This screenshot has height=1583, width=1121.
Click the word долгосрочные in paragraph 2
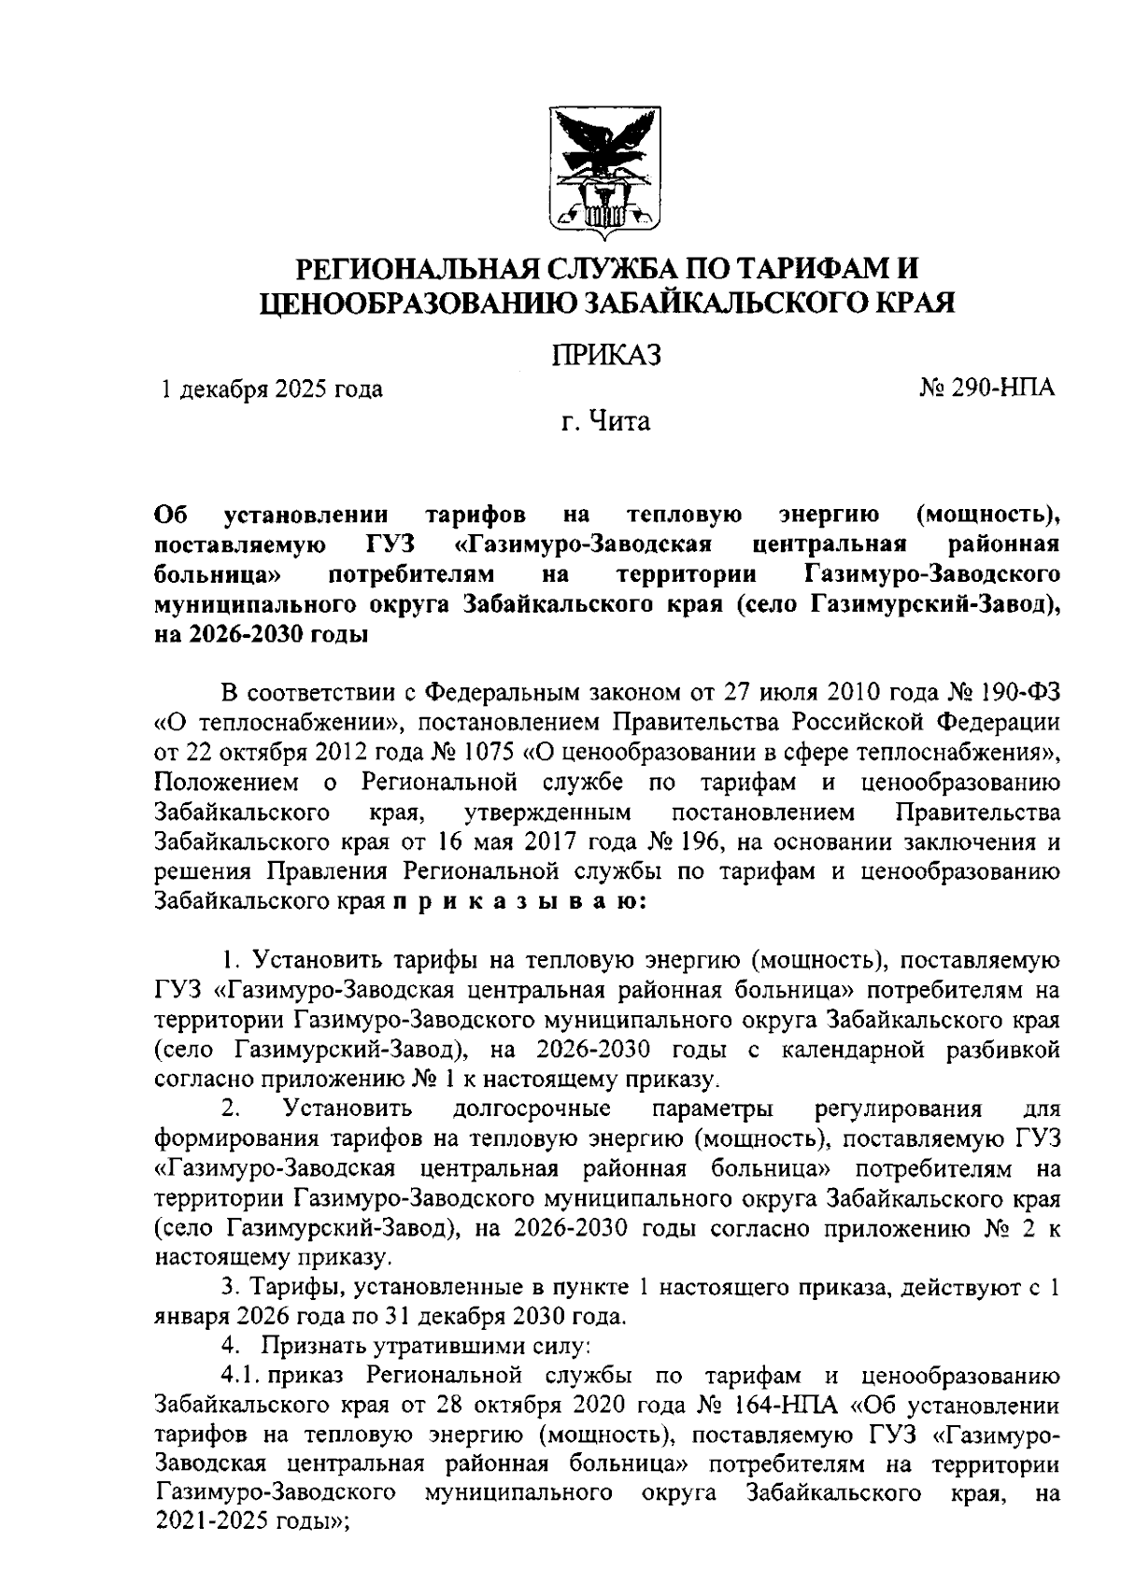click(x=532, y=1109)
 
